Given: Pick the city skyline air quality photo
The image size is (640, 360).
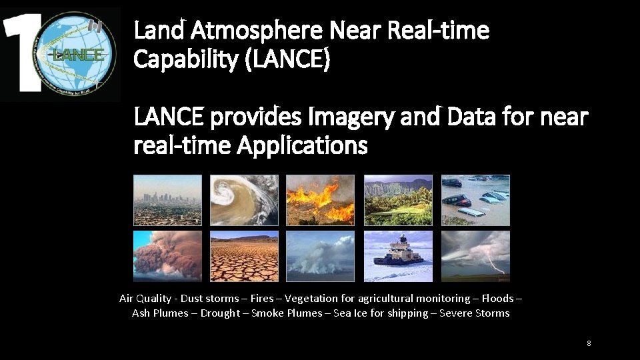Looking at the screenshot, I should tap(167, 200).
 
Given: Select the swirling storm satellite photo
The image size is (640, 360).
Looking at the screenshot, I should tap(244, 200).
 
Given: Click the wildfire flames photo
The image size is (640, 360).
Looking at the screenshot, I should tap(320, 200).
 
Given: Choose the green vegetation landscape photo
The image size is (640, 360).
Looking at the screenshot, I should tap(398, 200).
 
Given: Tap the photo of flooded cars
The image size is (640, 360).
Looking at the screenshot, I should tap(475, 200).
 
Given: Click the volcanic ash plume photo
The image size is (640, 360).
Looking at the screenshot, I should tap(167, 256).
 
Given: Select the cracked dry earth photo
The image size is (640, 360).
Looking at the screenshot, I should tap(244, 256).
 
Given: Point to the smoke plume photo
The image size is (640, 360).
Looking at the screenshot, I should tap(320, 256).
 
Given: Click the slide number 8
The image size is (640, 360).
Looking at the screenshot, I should tap(589, 343).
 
